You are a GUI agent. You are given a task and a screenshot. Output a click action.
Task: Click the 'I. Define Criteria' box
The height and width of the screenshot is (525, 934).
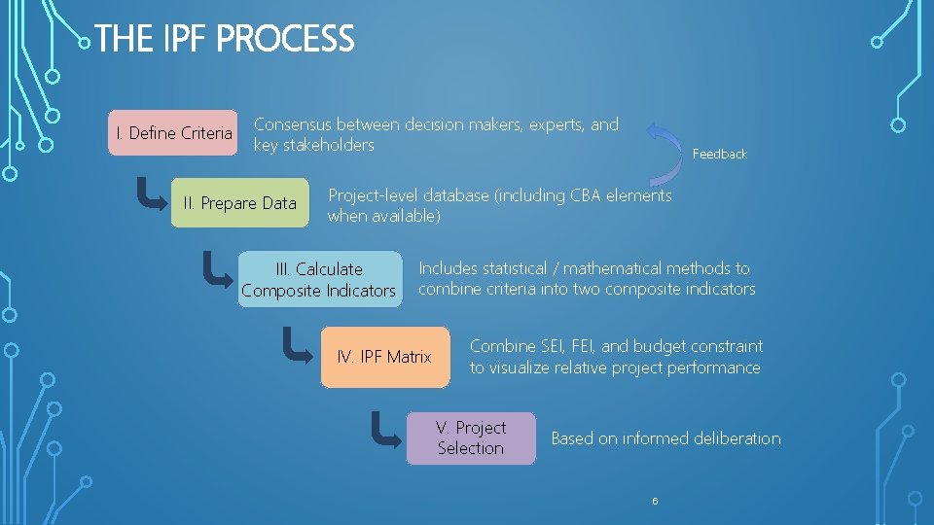point(174,133)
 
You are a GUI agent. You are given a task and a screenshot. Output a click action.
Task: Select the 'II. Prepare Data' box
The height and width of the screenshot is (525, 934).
point(239,203)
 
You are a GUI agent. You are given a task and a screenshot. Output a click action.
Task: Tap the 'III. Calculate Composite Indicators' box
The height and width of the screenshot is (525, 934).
point(319,279)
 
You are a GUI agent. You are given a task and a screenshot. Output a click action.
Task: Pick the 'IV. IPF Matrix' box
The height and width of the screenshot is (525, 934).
point(384,357)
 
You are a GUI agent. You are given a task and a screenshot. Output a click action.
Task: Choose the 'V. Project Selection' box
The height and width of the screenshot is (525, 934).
point(470,437)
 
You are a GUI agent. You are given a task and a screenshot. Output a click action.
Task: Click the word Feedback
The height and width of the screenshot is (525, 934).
point(719,154)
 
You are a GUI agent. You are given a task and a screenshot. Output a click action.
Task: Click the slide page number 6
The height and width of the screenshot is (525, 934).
point(655,501)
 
